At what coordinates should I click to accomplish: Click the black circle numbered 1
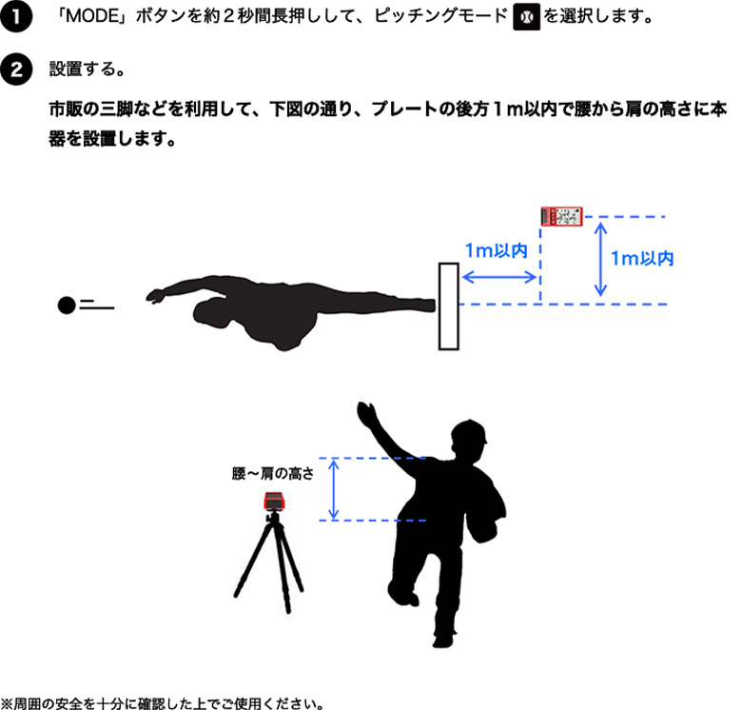click(15, 16)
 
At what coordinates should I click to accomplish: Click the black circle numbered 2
click(15, 69)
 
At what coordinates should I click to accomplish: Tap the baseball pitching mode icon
click(524, 17)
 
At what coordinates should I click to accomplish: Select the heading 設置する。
click(85, 70)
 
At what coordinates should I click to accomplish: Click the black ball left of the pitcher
click(66, 306)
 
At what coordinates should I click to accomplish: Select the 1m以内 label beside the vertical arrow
click(642, 258)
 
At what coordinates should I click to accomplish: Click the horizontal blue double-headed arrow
click(500, 278)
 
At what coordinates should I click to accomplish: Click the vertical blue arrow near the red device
click(600, 258)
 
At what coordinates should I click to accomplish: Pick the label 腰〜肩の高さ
click(272, 472)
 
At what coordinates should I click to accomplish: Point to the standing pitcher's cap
click(471, 437)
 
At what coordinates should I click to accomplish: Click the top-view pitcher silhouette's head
click(211, 310)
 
